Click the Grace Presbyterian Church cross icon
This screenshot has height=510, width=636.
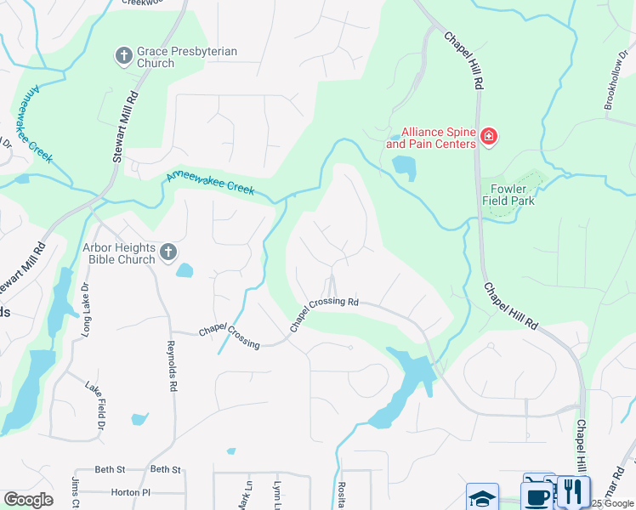(123, 57)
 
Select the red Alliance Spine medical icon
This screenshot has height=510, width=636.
(488, 137)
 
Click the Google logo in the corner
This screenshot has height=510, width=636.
(28, 500)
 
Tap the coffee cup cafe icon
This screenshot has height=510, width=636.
(538, 494)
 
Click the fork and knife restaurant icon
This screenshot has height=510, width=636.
(573, 492)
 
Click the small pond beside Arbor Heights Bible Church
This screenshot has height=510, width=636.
(185, 271)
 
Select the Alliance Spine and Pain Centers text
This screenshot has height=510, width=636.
(438, 138)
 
